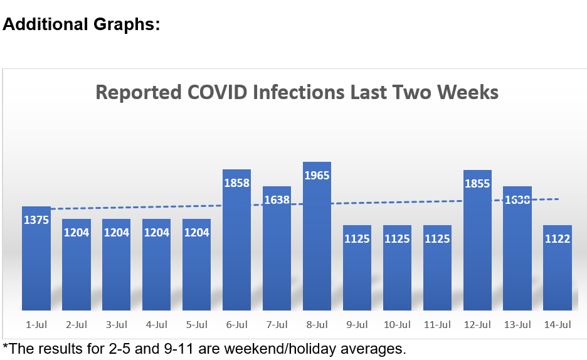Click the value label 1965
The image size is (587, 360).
(317, 176)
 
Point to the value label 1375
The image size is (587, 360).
(36, 220)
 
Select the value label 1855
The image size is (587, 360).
(477, 184)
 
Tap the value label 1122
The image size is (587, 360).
(558, 239)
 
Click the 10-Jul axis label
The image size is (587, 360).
(397, 325)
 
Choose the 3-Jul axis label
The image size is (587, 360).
(116, 325)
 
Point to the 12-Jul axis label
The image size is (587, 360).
(477, 325)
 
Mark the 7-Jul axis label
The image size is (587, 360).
(277, 325)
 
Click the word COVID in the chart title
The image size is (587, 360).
(217, 93)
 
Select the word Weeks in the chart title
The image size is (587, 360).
(468, 93)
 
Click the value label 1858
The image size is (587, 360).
(236, 184)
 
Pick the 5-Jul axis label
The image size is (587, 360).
(196, 325)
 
